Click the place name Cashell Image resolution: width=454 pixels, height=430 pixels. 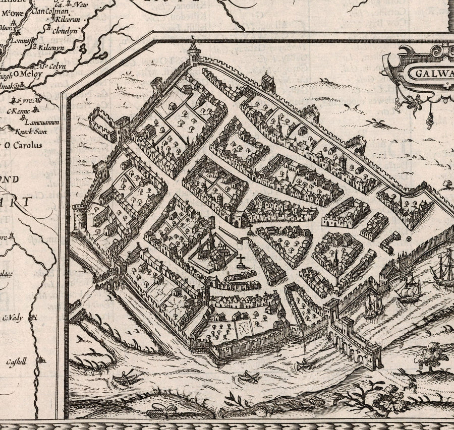pos(16,361)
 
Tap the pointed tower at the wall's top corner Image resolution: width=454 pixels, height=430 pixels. pos(193,50)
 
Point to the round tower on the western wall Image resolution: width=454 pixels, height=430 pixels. pos(80,217)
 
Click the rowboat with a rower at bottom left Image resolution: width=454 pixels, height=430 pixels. pos(124,377)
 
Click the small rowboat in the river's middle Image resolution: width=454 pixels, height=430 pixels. pos(248,376)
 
